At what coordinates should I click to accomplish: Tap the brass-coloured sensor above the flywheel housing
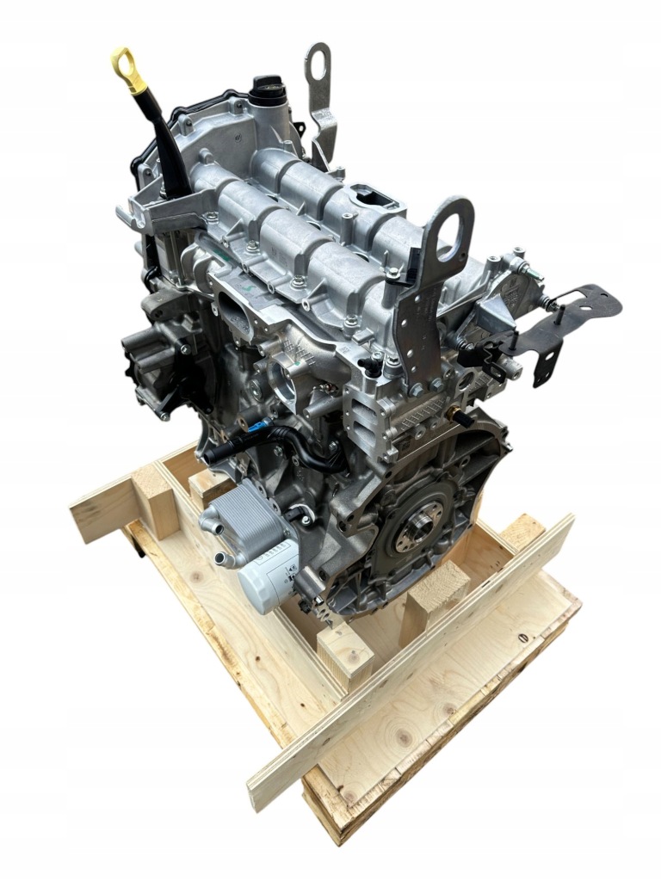click(451, 414)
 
